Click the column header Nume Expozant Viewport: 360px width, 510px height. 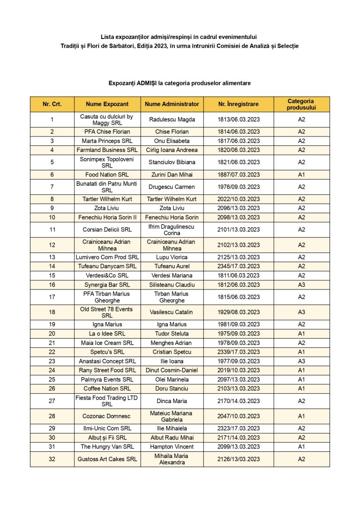[x=107, y=104]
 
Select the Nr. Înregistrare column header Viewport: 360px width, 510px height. [x=238, y=104]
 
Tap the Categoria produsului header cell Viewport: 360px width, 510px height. [x=301, y=104]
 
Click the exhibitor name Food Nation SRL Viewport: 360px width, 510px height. [x=107, y=175]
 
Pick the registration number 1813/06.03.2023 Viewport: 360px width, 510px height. [x=238, y=120]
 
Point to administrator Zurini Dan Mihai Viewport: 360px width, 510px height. [x=172, y=175]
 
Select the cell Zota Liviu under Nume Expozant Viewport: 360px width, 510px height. [x=107, y=208]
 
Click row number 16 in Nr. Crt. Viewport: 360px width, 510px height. [x=52, y=285]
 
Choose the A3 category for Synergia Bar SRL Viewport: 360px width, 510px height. [x=301, y=285]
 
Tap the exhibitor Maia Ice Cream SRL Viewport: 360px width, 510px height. [x=107, y=343]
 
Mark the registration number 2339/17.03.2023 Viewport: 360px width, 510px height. [x=238, y=352]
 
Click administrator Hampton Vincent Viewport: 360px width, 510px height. [x=172, y=447]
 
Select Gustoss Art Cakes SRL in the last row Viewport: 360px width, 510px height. [x=107, y=459]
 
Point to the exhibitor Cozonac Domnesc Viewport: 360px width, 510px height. [x=107, y=416]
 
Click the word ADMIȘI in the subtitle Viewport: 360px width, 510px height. [x=147, y=83]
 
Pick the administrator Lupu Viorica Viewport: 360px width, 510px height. [x=172, y=257]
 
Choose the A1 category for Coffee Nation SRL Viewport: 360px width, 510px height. [x=301, y=389]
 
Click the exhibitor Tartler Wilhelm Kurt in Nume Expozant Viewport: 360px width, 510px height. [x=107, y=199]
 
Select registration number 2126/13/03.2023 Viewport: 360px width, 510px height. [x=238, y=459]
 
